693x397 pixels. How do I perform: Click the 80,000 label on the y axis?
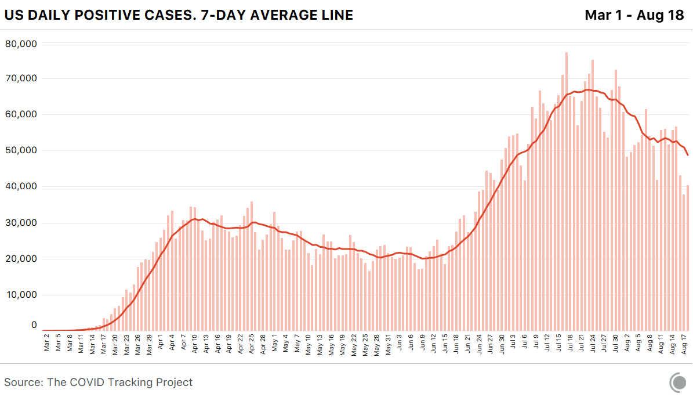point(21,43)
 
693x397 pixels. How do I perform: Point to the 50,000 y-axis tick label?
point(21,150)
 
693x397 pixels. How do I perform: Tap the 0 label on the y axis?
point(34,326)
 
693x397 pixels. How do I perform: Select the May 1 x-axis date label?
point(274,343)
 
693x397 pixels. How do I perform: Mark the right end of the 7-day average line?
point(688,155)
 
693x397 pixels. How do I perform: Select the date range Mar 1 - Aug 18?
point(634,15)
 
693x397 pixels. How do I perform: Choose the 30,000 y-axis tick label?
point(21,223)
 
